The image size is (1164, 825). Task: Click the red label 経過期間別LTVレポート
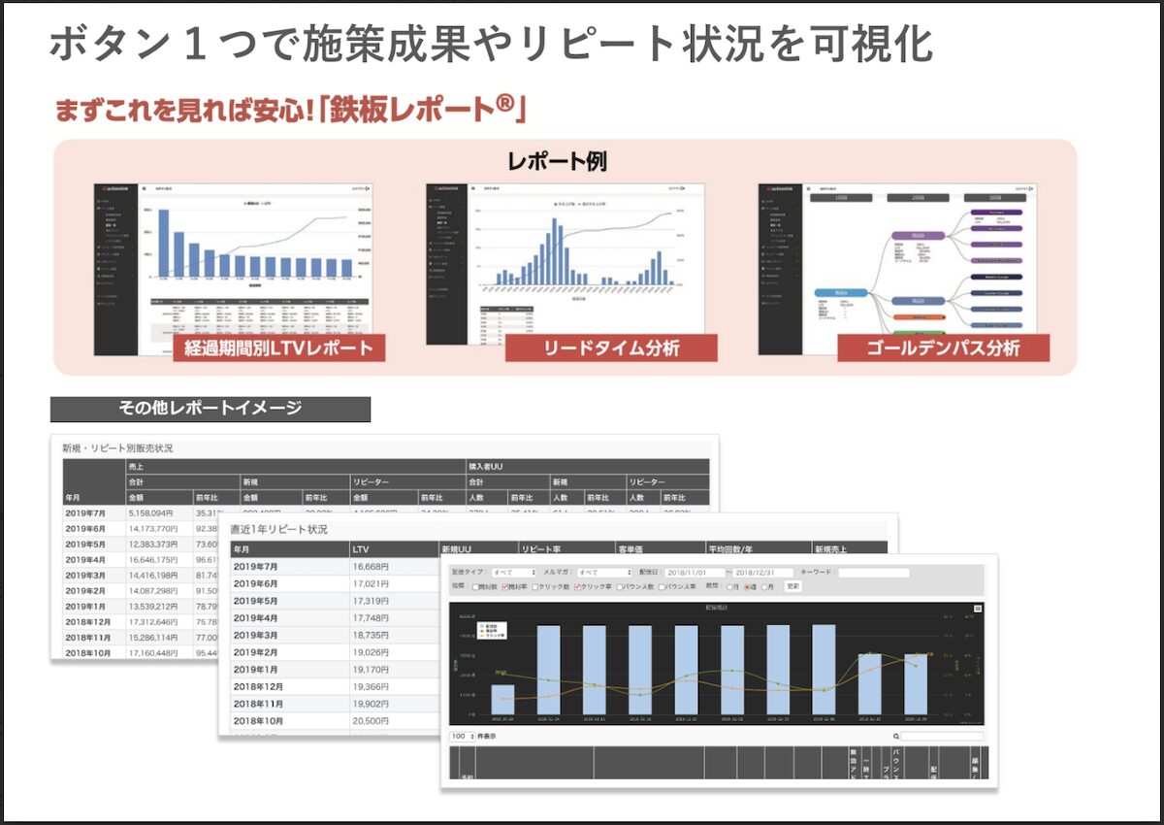279,347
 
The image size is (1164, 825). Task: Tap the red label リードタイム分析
611,347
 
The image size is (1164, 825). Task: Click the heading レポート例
558,161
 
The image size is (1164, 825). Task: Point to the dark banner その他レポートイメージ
210,409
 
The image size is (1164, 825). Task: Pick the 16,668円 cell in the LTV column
371,567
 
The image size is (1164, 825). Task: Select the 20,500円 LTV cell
371,722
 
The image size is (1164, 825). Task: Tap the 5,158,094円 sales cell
150,513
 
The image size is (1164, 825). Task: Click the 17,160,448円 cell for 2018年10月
150,653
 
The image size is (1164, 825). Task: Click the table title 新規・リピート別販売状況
117,448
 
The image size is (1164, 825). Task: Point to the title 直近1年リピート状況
279,530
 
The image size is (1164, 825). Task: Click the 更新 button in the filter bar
792,586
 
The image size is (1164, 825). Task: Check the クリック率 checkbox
578,586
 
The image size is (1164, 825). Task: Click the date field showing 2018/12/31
763,573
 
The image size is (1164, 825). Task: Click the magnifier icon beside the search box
896,737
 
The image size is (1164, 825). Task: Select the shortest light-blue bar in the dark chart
502,698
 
